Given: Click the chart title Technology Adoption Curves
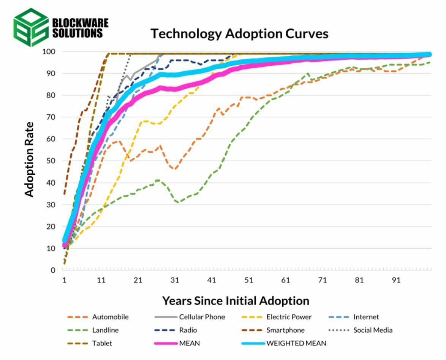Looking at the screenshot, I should [239, 33].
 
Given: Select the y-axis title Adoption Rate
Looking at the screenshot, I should [29, 159].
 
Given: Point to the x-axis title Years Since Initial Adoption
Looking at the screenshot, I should [236, 301].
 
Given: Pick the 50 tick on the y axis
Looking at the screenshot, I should [50, 161].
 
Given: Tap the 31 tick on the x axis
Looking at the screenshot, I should [174, 280].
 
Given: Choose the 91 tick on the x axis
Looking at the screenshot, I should [396, 280].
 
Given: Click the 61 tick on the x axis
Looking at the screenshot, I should [285, 280].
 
